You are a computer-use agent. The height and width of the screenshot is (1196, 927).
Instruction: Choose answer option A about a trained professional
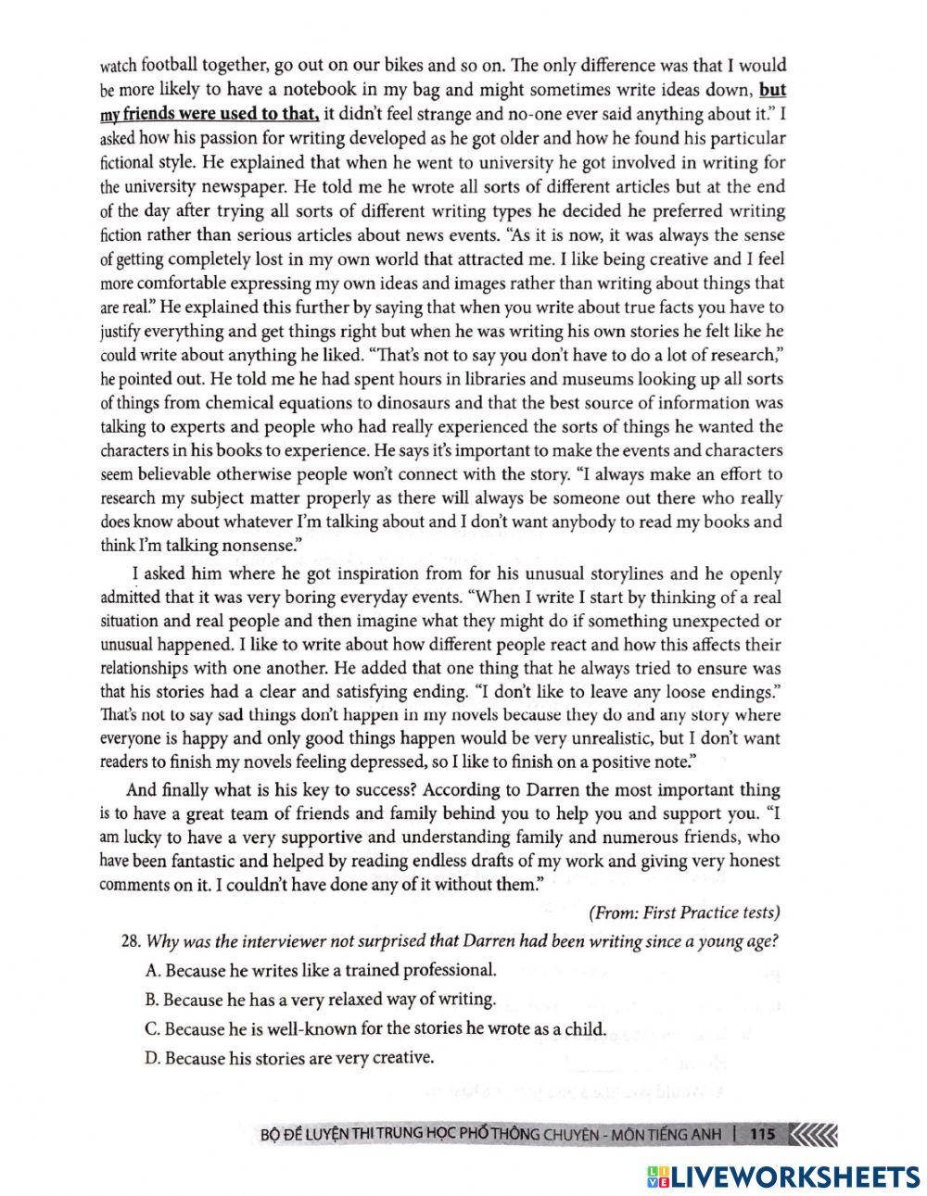[x=321, y=970]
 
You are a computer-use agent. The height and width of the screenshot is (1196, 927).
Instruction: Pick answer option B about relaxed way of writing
[x=321, y=999]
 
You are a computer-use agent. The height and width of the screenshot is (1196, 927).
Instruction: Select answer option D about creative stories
[x=289, y=1057]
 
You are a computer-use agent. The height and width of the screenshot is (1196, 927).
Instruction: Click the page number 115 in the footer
[x=762, y=1132]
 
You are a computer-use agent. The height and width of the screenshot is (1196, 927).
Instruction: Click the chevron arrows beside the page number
[x=816, y=1132]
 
